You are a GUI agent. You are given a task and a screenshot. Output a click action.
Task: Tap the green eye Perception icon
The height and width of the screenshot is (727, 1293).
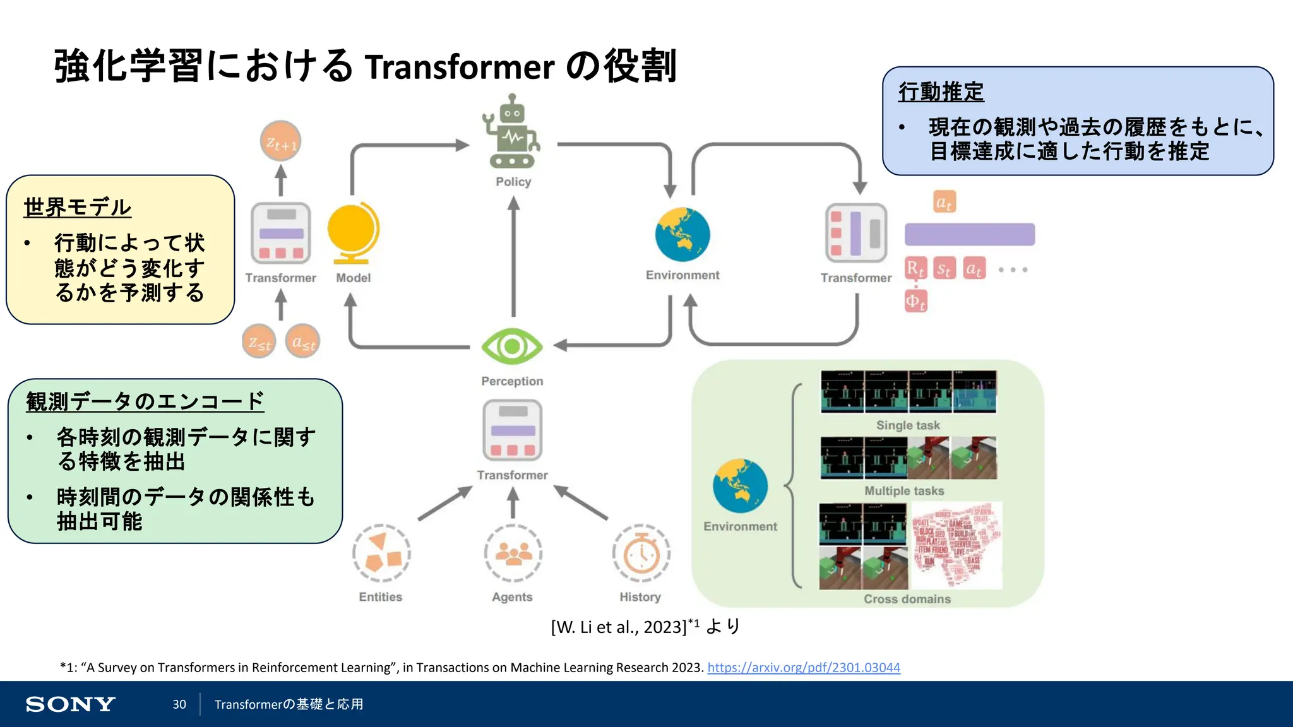point(512,346)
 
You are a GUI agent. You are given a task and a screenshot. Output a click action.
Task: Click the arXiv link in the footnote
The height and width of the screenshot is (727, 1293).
point(803,668)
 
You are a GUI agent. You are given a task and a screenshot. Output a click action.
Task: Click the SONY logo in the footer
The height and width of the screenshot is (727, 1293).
point(70,704)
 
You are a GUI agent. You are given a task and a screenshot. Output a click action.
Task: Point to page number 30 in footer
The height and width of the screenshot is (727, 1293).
point(179,704)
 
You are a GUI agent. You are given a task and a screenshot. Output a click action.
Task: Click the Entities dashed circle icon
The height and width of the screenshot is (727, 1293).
point(381,553)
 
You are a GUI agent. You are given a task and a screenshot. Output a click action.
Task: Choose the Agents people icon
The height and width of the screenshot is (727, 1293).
point(513,553)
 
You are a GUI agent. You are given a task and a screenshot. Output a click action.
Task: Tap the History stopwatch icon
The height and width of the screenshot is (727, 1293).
point(641,553)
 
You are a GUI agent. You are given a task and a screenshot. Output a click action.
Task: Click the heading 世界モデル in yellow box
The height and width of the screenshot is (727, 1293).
point(77,207)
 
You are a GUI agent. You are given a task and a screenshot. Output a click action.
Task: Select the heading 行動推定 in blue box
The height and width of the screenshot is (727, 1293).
point(941,92)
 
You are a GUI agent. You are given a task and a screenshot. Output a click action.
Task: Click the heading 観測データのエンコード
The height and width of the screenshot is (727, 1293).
point(145,401)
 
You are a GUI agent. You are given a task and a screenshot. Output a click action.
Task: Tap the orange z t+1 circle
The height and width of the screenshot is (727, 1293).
point(280,141)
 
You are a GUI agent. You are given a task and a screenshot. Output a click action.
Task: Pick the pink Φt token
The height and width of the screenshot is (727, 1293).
point(915,301)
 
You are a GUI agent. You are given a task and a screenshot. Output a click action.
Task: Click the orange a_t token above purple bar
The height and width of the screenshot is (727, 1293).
point(944,202)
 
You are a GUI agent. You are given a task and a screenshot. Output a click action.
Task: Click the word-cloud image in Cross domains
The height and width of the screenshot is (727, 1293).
point(956,545)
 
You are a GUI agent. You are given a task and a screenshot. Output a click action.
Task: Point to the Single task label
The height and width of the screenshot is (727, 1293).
point(907,425)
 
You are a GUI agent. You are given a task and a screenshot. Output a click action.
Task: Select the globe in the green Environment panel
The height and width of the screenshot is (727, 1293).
point(740,485)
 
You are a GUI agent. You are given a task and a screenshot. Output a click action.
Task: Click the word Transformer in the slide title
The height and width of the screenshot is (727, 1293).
point(460,67)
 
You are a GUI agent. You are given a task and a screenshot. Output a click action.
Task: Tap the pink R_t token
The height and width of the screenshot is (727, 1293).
point(915,269)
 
